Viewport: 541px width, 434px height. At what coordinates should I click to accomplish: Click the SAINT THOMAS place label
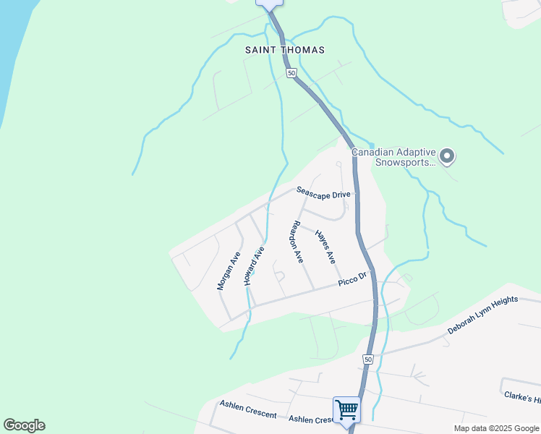[285, 50]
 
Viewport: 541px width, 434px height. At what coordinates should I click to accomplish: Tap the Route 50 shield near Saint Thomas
[291, 73]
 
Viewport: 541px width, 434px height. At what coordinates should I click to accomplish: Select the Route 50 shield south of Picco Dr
[368, 359]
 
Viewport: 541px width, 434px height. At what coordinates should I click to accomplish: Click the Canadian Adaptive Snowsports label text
[393, 157]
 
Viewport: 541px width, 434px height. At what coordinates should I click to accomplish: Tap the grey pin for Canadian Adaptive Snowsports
[447, 155]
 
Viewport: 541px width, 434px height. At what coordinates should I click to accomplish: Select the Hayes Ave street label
[325, 246]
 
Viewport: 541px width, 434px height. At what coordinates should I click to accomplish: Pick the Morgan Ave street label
[229, 271]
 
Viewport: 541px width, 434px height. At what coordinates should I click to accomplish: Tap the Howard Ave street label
[255, 265]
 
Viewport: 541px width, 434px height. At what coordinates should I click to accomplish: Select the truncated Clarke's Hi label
[522, 398]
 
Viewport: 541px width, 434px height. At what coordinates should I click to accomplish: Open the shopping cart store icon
[346, 409]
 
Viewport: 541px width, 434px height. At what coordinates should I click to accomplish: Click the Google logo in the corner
[24, 425]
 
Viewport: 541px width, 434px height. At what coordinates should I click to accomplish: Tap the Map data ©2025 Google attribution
[495, 428]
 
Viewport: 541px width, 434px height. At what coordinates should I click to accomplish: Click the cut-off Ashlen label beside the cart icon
[310, 420]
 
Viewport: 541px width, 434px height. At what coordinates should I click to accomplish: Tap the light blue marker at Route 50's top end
[269, 4]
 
